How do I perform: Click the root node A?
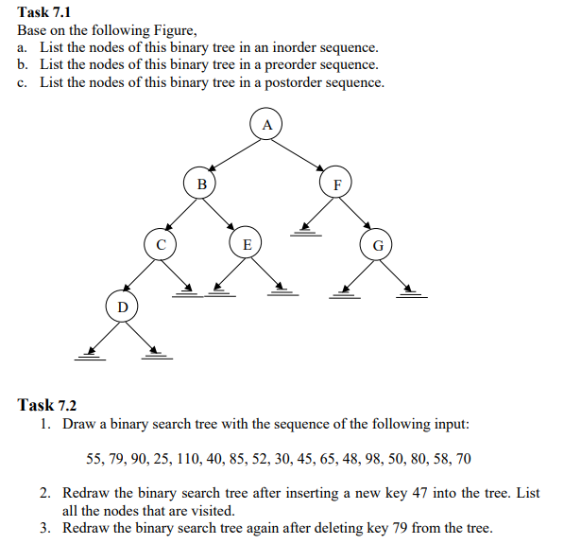[x=266, y=125]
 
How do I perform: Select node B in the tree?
[x=200, y=183]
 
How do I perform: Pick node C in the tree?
[x=161, y=244]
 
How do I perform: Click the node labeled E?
[x=247, y=244]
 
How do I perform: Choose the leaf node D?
[x=121, y=307]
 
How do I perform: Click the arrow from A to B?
[x=233, y=153]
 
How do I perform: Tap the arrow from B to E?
[x=224, y=214]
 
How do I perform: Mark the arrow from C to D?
[x=141, y=275]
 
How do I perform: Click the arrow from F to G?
[x=357, y=214]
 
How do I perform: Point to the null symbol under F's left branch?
[x=304, y=230]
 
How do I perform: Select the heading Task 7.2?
[x=46, y=404]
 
